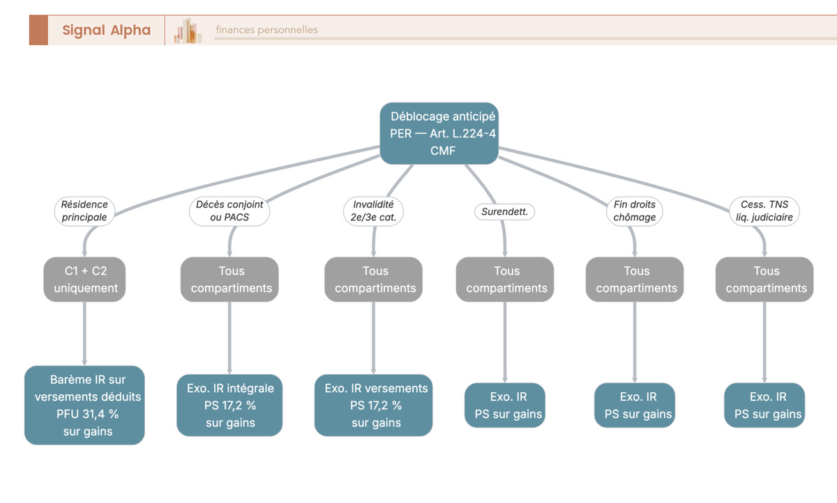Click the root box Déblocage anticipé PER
439,133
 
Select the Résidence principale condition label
84,211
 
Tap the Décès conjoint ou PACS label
229,211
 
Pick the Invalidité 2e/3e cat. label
373,211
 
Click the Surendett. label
504,212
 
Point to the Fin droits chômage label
635,211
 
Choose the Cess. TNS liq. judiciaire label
764,211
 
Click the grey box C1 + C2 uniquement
84,279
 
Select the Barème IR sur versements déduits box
84,405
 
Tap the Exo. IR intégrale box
229,405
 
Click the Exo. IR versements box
373,405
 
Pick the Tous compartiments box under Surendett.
505,279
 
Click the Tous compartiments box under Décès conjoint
229,279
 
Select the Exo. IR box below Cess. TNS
764,405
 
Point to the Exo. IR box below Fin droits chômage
635,405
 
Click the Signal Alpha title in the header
107,30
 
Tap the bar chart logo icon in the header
188,30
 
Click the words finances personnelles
266,29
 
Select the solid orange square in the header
38,30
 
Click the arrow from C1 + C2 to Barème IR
84,333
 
